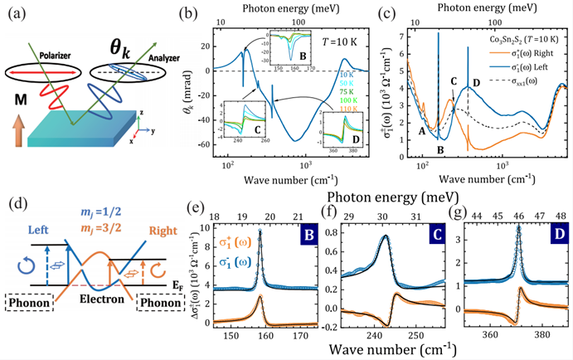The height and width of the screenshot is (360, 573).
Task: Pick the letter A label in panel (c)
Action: pyautogui.click(x=422, y=131)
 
